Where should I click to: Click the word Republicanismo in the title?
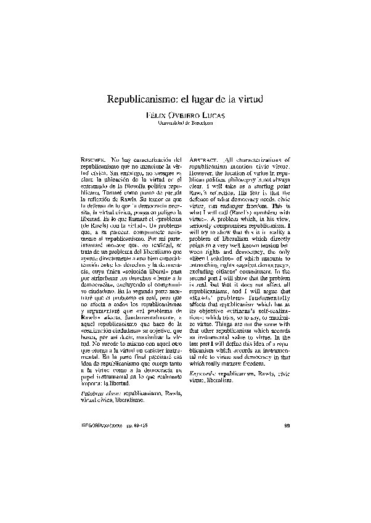point(142,99)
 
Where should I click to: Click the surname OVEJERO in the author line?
point(185,115)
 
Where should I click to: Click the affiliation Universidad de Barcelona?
point(185,123)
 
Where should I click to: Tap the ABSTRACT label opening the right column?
point(202,161)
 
